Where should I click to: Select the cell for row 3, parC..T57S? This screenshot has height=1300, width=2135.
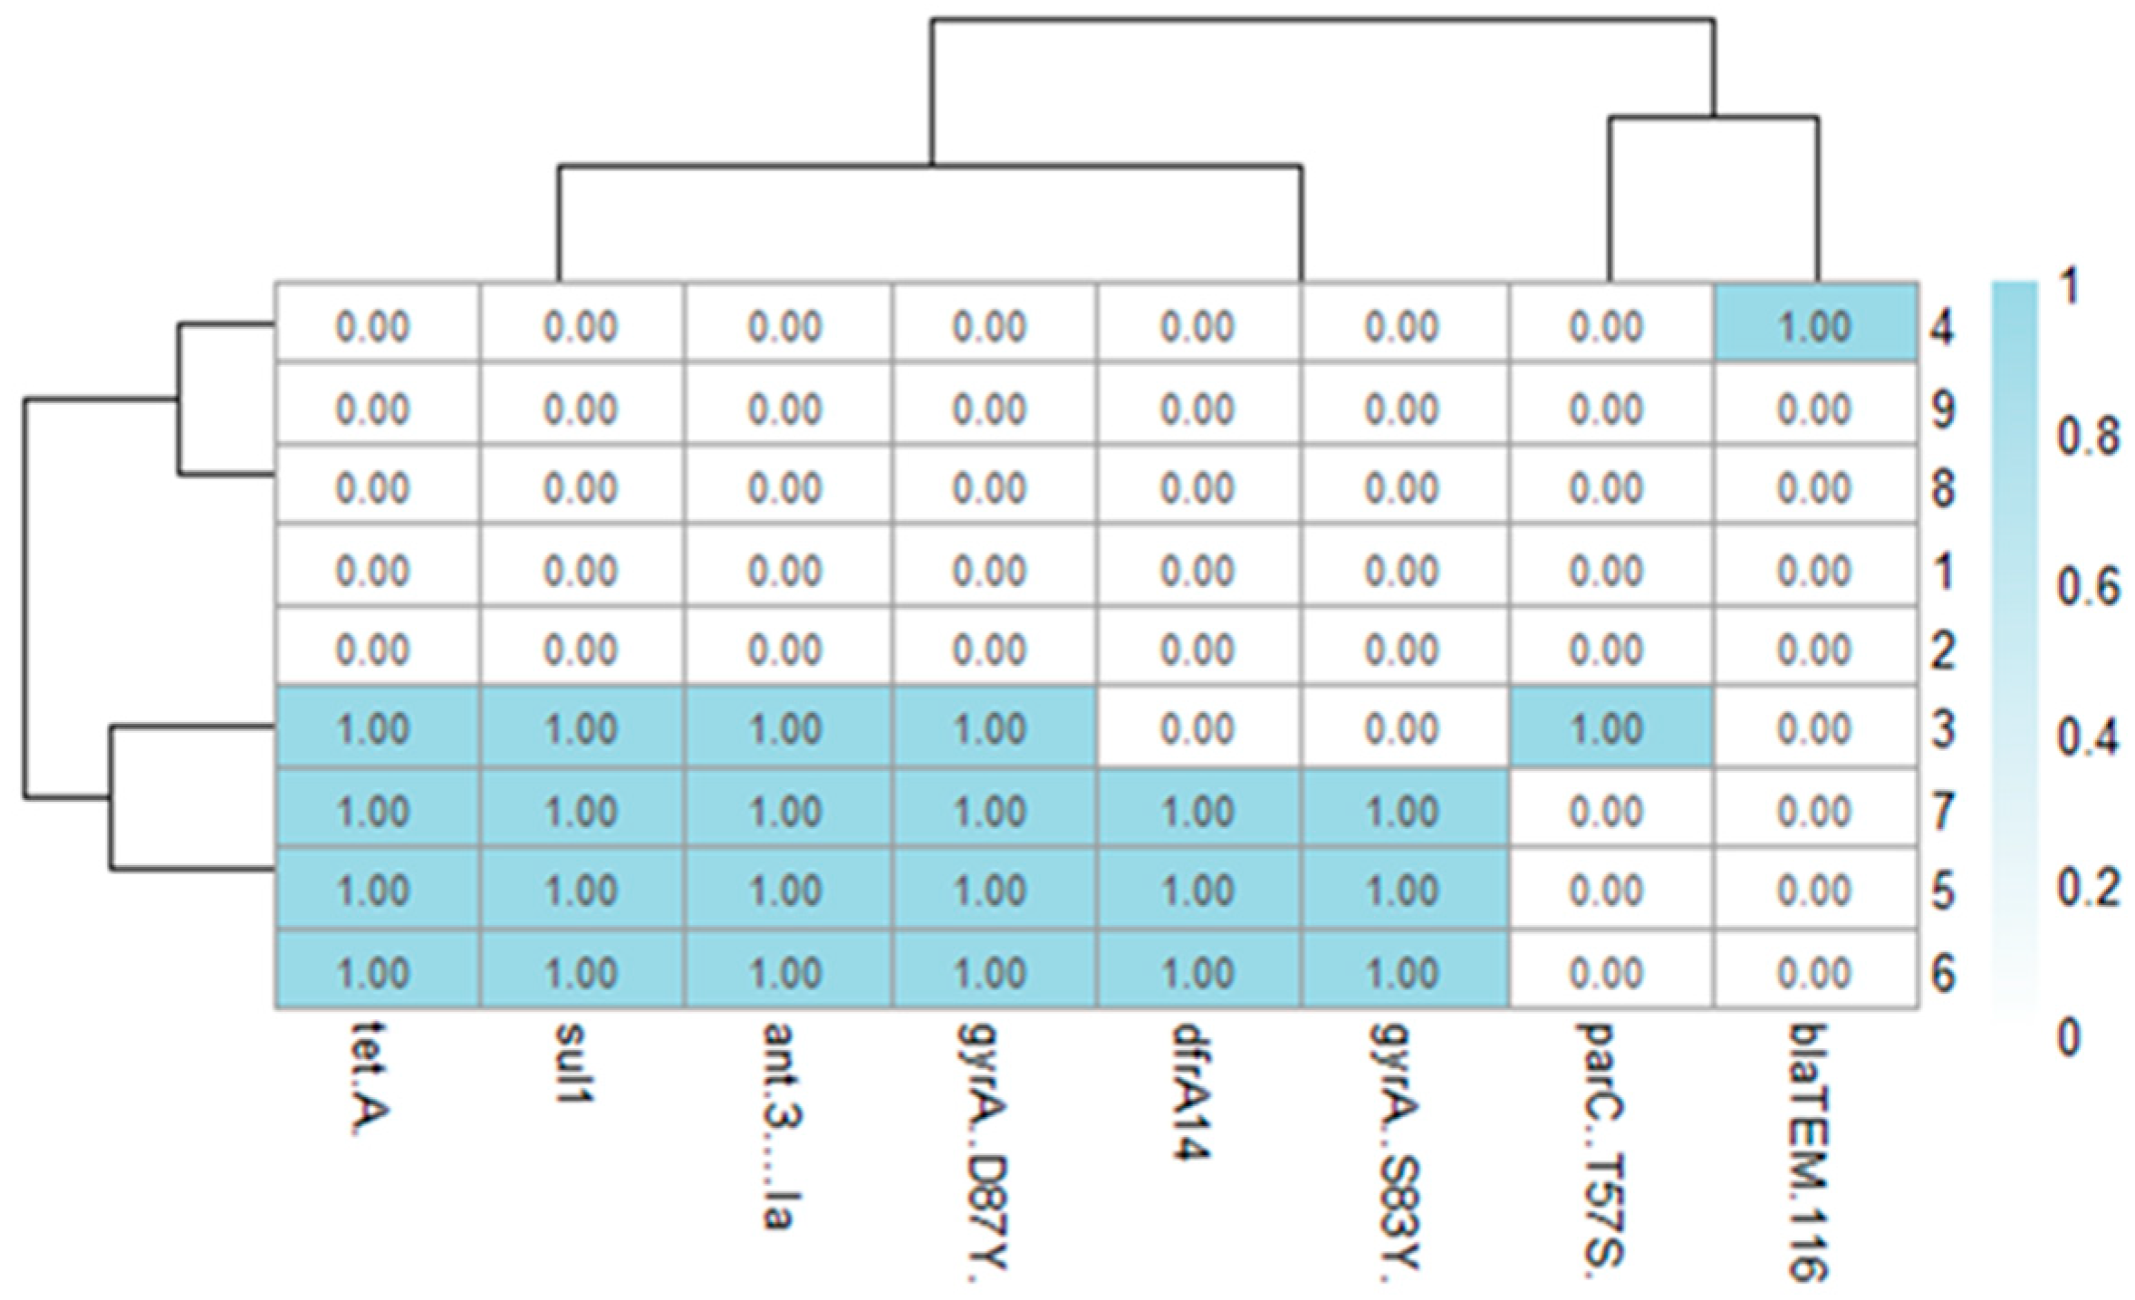pos(1610,727)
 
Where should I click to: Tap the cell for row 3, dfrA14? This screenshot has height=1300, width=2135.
pos(1197,727)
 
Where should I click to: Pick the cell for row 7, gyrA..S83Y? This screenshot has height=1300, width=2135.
pos(1403,809)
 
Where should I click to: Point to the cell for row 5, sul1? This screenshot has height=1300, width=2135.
pos(581,890)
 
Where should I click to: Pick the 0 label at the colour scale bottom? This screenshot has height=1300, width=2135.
pos(2068,1035)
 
